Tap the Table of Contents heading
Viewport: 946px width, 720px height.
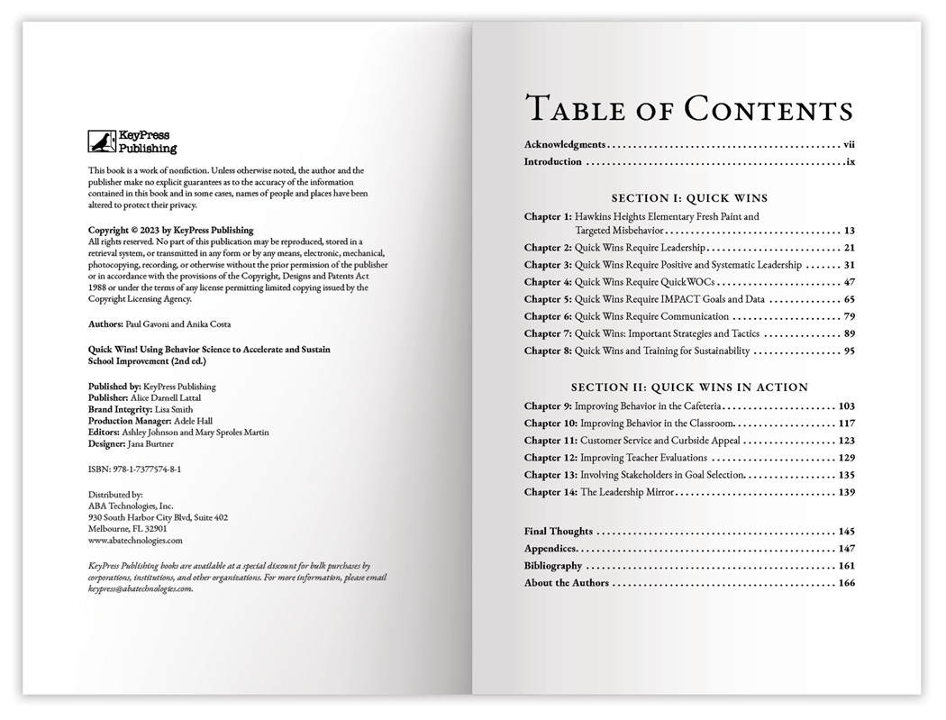pos(689,108)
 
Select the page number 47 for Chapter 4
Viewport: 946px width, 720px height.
pos(850,282)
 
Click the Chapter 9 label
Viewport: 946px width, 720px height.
pos(547,406)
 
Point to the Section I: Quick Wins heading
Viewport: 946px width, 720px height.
pos(689,197)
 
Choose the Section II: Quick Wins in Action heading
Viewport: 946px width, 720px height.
pos(689,387)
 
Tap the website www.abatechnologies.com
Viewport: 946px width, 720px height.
pos(135,541)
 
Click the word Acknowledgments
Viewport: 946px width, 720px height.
pos(565,144)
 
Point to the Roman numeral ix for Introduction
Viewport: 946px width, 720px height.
pos(850,162)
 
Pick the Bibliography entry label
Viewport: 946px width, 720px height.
pos(553,566)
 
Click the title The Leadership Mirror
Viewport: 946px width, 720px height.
pos(627,492)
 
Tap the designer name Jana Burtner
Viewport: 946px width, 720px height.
pos(150,443)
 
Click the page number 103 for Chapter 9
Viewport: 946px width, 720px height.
pos(846,406)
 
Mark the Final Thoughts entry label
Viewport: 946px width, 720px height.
pos(559,532)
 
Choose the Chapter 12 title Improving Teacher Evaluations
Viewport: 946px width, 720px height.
pos(643,458)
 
